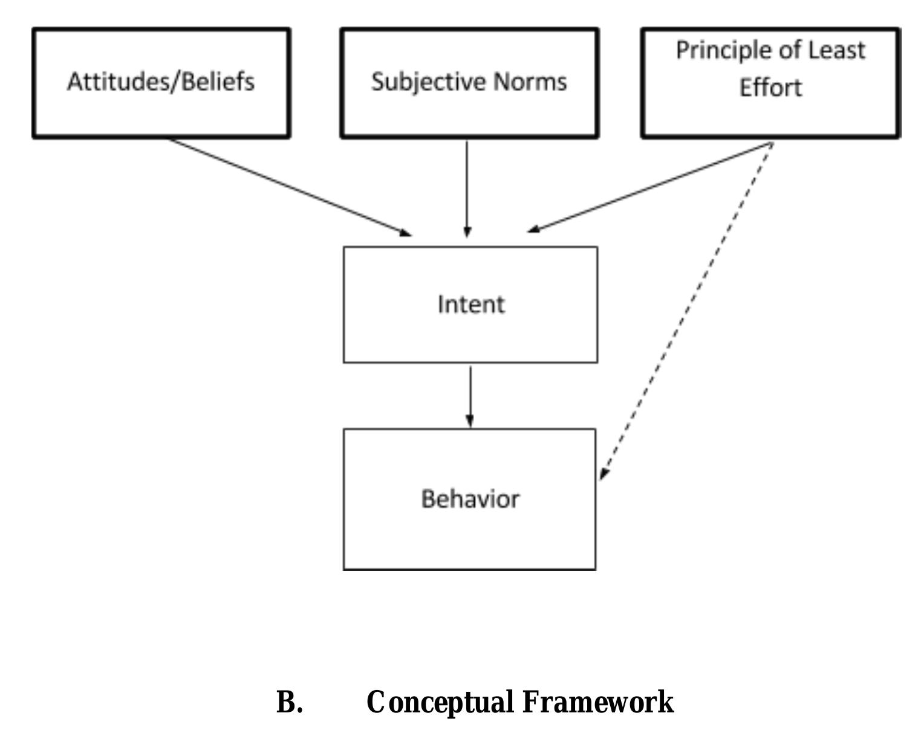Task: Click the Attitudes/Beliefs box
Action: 161,83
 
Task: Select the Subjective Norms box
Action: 469,83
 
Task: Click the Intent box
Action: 470,305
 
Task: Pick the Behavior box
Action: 469,499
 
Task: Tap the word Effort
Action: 770,88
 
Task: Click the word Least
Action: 837,50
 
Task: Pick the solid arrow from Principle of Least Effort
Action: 650,187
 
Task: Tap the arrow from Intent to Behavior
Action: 470,396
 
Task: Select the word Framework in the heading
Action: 597,702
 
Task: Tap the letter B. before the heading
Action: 289,702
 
